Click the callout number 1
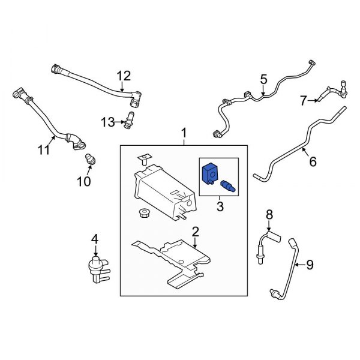click(184, 132)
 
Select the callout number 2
click(194, 232)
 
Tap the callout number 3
click(219, 207)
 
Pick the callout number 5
click(263, 79)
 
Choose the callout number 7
click(304, 99)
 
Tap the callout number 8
click(269, 214)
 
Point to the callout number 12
click(123, 76)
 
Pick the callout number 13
click(107, 122)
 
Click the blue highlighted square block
click(209, 173)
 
